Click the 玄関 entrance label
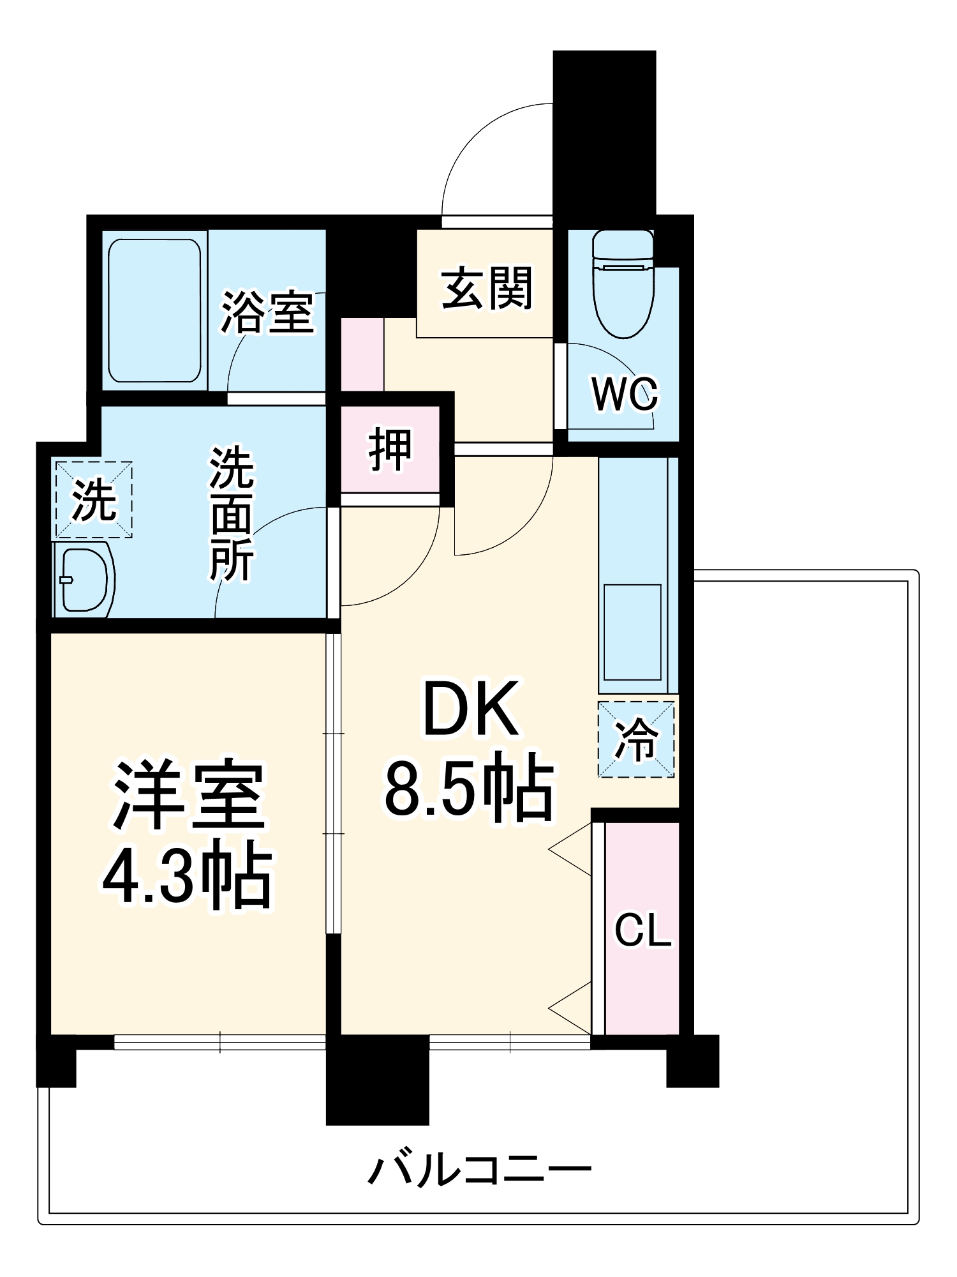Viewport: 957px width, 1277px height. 487,289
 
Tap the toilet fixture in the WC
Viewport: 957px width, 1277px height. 623,284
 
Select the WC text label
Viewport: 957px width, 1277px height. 625,395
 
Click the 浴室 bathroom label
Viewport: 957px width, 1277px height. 267,313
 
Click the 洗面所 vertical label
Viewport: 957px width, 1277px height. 232,514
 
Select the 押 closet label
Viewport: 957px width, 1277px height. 390,449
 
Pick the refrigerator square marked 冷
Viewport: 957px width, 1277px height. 636,739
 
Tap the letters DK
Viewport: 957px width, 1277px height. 470,709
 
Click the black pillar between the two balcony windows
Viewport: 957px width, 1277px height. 378,1079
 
